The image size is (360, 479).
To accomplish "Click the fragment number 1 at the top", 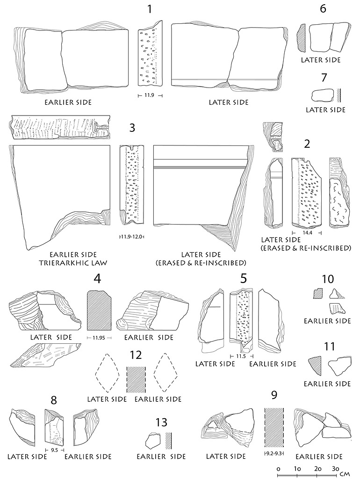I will pyautogui.click(x=150, y=8).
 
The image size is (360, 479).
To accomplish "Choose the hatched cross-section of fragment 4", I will pyautogui.click(x=99, y=310).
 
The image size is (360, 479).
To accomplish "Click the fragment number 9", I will pyautogui.click(x=274, y=395).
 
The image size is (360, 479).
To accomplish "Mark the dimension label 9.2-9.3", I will pyautogui.click(x=273, y=454).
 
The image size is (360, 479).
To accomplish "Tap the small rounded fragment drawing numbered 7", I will pyautogui.click(x=320, y=94).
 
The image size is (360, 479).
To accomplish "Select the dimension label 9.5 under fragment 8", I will pyautogui.click(x=54, y=449).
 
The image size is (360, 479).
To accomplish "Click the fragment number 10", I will pyautogui.click(x=328, y=279).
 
